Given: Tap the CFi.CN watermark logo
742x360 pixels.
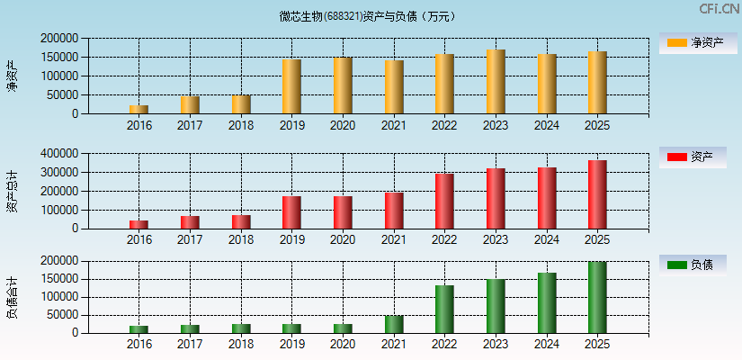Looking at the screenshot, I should pos(719,9).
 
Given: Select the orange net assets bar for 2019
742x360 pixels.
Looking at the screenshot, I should pos(291,86).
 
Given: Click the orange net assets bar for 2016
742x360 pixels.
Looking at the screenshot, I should pos(139,110).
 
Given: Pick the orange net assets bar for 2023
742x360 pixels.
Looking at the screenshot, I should pos(496,82).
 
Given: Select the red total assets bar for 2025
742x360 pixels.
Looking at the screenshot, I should pos(597,194).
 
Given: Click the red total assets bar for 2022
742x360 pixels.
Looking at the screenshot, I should pos(444,201).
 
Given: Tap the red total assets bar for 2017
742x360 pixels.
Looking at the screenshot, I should pos(190,221).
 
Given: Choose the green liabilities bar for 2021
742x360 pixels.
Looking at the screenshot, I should pos(394,324).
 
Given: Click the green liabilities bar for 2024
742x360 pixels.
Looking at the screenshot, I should pos(547,302).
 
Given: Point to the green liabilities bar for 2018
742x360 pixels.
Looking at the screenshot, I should pos(241,328).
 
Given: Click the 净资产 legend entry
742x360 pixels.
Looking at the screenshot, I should pos(692,43).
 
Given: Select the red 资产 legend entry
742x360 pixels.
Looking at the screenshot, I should pos(692,157).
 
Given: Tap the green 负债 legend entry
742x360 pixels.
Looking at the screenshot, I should pos(692,265).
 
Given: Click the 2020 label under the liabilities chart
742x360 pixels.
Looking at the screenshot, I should pos(343,344).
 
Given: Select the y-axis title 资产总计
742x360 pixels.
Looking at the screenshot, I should pos(12,191).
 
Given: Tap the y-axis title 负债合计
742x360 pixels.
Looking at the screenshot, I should pos(12,298).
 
